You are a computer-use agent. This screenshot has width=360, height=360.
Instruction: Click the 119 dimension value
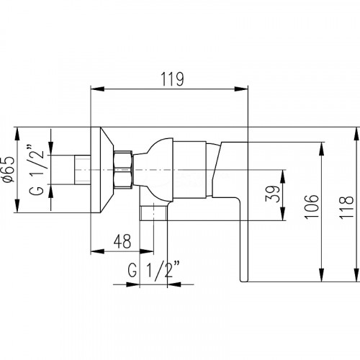point(172,79)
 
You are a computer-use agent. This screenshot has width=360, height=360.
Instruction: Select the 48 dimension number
point(122,241)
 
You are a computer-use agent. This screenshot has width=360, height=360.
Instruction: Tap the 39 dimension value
point(273,194)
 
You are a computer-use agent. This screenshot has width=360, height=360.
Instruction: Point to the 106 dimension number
point(312,207)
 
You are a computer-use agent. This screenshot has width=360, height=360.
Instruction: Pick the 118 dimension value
point(346,207)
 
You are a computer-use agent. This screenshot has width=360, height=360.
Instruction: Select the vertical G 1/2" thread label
point(37,170)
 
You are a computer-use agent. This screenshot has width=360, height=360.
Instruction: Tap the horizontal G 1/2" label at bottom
point(153,269)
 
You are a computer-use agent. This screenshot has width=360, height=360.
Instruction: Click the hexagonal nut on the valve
point(123,170)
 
